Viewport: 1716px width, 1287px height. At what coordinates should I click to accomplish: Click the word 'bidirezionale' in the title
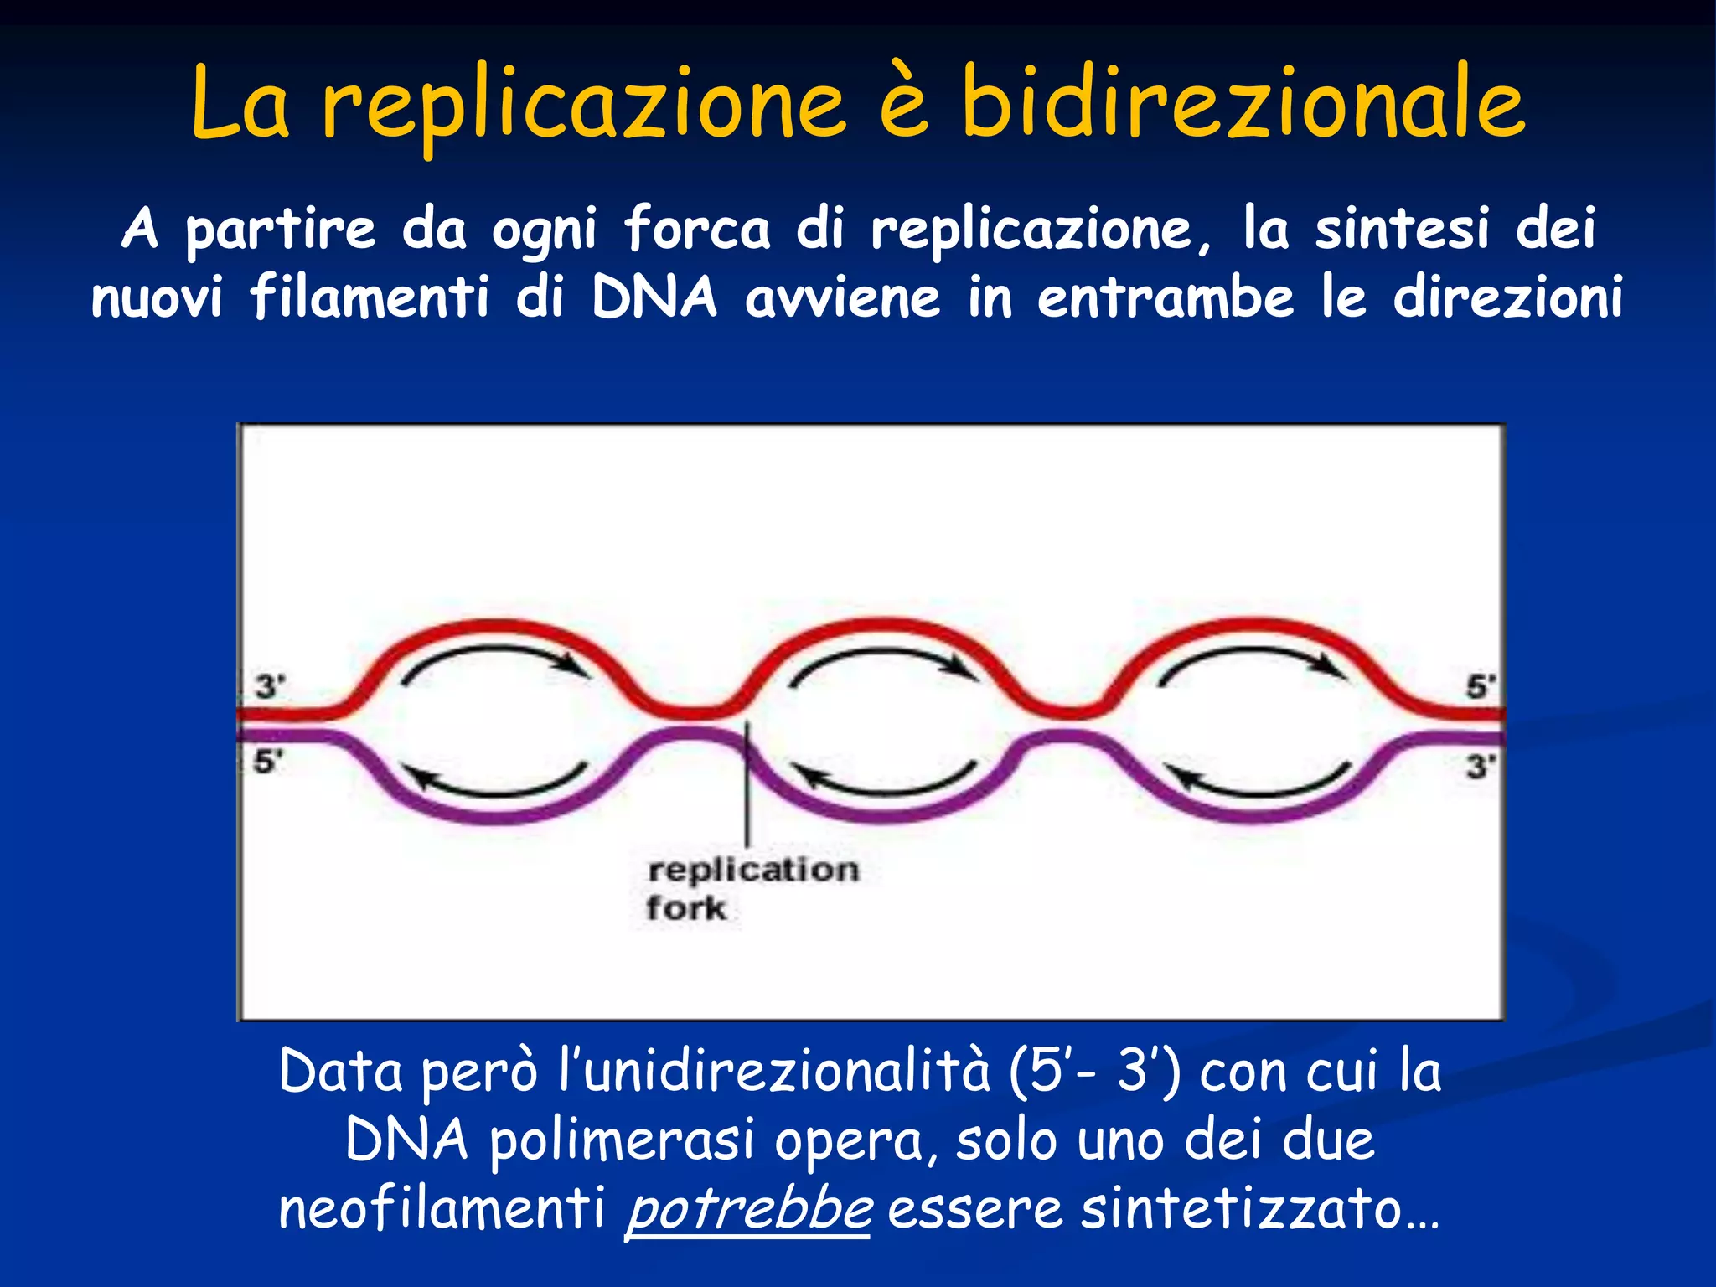(x=1243, y=104)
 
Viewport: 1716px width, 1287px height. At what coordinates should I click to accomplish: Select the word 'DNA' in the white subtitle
(x=654, y=297)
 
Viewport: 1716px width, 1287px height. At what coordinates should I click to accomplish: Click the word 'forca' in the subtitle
(x=697, y=229)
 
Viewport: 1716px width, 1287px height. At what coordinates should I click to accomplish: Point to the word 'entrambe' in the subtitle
(x=1166, y=297)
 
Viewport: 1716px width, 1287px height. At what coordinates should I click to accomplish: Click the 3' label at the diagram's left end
(x=270, y=686)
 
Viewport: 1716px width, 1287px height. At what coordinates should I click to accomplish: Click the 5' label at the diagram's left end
(x=268, y=762)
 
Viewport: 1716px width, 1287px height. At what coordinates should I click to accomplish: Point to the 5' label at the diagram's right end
(x=1480, y=686)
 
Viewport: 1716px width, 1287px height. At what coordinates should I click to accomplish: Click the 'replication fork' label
(x=752, y=888)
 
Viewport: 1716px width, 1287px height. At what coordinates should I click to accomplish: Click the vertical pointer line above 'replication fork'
(x=747, y=796)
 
